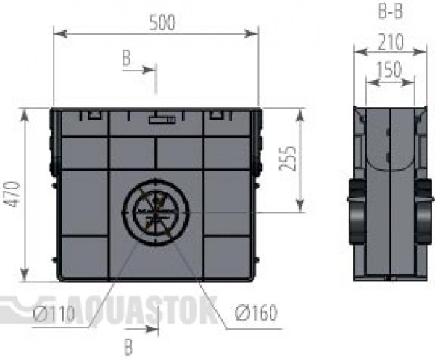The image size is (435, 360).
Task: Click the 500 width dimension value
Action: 162,22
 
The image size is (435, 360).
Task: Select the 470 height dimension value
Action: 13,194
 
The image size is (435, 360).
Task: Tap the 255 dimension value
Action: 287,158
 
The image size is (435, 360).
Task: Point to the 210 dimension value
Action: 391,42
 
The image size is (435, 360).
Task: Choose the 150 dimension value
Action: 389,69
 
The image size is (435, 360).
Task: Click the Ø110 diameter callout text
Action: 54,314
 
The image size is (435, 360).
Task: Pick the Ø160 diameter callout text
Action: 256,312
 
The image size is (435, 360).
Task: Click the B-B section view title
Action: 390,11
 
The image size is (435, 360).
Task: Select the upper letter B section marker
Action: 126,58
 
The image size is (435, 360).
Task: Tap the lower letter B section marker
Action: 128,348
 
